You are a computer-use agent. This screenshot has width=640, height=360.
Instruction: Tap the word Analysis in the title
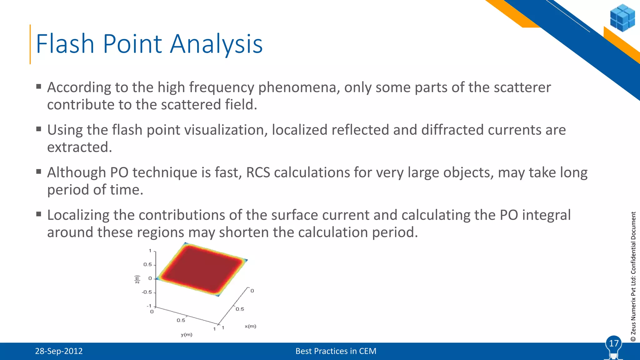click(216, 44)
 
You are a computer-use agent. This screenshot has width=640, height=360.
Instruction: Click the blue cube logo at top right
click(622, 18)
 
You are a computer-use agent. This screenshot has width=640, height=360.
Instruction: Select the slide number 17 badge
click(614, 344)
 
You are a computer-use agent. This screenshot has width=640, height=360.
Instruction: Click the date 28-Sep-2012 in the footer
click(59, 351)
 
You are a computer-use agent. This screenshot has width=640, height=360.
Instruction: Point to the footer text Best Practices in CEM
click(336, 351)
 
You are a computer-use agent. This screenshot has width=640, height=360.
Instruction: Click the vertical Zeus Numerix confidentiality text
click(633, 277)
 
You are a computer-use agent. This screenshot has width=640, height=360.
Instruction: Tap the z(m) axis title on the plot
click(137, 279)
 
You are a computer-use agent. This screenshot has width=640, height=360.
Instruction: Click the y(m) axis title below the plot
click(187, 335)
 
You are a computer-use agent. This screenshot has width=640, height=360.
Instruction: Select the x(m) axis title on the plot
click(250, 326)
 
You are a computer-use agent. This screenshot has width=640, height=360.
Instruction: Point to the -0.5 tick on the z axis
click(147, 292)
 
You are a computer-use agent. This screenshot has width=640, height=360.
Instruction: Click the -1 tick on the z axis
click(149, 306)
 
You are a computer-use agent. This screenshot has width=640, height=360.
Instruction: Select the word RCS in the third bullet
click(258, 173)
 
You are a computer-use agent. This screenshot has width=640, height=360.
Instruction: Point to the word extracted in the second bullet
click(79, 147)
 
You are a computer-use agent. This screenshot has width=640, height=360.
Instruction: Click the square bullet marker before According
click(39, 87)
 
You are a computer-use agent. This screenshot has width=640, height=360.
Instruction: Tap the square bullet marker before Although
click(39, 172)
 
